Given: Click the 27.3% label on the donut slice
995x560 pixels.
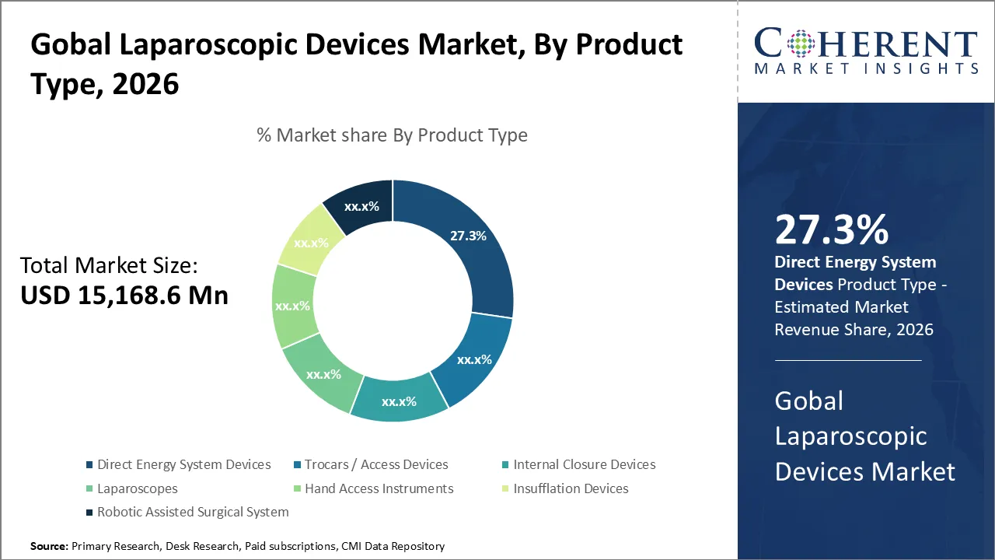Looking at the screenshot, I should (x=468, y=236).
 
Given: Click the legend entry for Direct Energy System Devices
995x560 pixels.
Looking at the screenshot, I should (x=183, y=464).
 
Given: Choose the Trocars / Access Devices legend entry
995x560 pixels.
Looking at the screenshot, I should (x=376, y=464).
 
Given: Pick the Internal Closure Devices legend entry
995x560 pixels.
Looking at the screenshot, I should (x=584, y=464).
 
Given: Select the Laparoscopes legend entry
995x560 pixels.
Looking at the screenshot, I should (x=137, y=488).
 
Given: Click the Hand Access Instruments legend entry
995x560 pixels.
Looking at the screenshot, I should (x=379, y=488).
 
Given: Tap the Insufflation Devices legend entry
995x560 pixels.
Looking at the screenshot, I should (x=571, y=488).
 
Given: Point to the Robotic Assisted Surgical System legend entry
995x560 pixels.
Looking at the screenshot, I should (x=193, y=512).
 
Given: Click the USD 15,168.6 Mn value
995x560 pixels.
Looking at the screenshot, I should (x=124, y=296).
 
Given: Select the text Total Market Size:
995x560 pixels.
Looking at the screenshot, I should (x=109, y=266).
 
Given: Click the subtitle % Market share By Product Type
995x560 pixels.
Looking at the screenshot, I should (x=392, y=135).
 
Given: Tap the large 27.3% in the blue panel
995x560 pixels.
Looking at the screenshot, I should (x=831, y=230).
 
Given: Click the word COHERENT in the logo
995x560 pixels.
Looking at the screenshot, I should (x=865, y=45).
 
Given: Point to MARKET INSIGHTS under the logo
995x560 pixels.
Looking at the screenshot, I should (x=865, y=69).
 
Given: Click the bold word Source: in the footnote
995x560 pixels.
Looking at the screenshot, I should (x=49, y=547).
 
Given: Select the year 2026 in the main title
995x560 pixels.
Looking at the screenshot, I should (x=145, y=83).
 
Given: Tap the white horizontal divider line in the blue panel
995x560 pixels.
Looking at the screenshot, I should (x=847, y=360).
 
